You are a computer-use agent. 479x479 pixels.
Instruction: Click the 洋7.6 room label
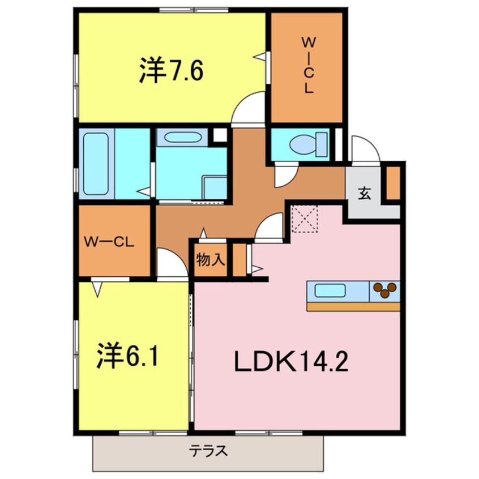170,72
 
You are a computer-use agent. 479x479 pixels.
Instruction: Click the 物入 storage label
211,260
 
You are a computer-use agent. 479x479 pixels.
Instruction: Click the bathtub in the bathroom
96,164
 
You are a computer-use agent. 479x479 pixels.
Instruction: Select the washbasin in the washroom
179,138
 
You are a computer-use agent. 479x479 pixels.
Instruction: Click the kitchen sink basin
331,291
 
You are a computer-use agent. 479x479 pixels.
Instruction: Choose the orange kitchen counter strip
353,306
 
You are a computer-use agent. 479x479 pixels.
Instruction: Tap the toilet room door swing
285,175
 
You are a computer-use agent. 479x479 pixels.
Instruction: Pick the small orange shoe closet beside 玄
393,182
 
